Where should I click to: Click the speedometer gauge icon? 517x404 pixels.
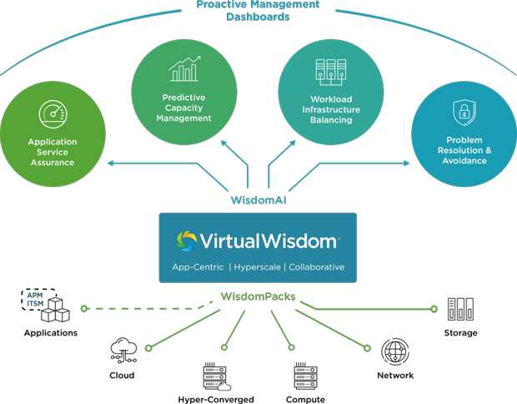point(53,114)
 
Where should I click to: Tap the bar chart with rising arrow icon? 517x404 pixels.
point(184,69)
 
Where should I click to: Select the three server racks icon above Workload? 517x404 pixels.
point(331,73)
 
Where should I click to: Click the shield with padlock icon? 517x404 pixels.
point(464,113)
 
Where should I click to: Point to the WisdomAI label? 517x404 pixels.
point(258,200)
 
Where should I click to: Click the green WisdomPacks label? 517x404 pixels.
point(258,296)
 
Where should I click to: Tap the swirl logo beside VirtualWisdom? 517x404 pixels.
point(186,241)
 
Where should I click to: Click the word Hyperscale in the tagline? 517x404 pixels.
point(257,267)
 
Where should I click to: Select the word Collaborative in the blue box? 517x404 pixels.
point(317,267)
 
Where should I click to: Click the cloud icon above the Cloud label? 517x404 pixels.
point(123,351)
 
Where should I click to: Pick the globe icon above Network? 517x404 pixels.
point(395,351)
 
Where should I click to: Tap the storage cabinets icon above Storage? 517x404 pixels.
point(460,309)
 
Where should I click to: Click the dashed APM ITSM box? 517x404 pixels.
point(38,300)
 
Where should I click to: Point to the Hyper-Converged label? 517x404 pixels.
point(216,399)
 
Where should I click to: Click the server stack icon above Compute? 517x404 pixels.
point(306,376)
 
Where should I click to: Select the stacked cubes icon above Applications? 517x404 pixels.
point(55,310)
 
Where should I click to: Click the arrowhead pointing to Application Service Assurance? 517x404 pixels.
point(111,163)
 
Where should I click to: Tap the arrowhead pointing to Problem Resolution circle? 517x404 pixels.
point(406,163)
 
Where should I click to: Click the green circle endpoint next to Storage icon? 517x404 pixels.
point(434,309)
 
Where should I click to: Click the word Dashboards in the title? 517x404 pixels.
point(258,17)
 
